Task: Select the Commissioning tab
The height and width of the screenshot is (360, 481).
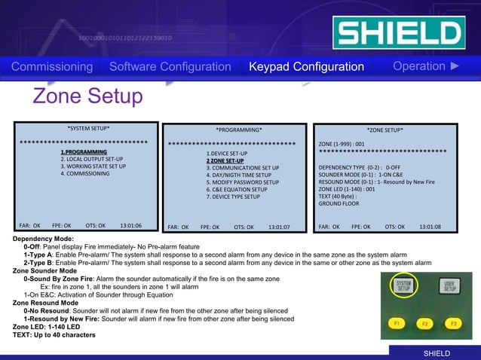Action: (52, 67)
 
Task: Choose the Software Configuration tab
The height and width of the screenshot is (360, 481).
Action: (170, 67)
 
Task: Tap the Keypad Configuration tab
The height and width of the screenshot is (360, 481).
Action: (306, 67)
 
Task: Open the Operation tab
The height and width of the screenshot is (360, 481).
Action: (425, 66)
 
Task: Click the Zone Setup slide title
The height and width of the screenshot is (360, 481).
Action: (87, 96)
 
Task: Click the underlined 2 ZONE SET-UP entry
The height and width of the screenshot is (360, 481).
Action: (225, 160)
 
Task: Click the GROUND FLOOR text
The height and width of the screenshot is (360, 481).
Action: (339, 203)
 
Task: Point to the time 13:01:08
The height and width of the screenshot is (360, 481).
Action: (430, 226)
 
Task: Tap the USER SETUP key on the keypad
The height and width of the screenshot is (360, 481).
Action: (449, 286)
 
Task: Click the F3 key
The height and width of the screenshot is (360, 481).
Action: (452, 323)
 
